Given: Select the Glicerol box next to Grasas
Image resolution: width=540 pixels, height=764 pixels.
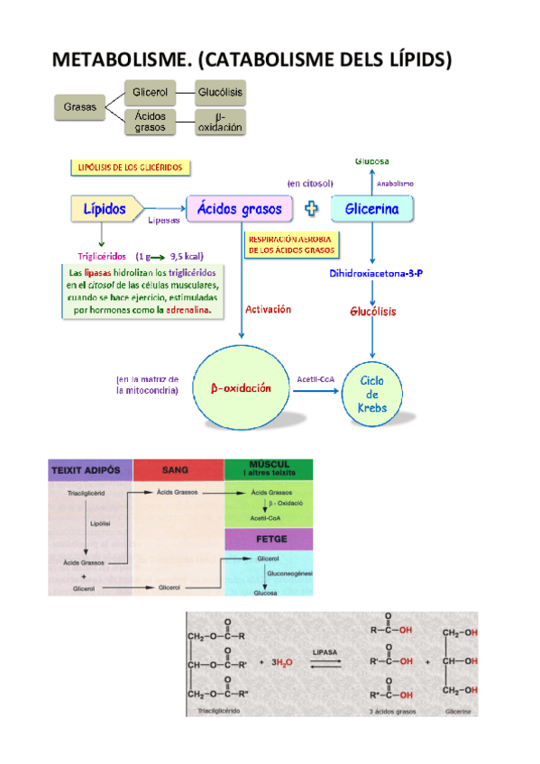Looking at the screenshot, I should click(x=149, y=93).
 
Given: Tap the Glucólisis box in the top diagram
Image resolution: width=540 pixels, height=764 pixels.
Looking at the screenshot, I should click(x=221, y=93).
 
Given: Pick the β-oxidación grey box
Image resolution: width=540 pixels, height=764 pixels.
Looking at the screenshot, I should click(x=221, y=122).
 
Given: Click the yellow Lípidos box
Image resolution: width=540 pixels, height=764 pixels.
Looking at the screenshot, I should click(x=105, y=209).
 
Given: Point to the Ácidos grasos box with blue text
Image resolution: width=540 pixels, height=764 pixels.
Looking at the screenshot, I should click(x=241, y=209).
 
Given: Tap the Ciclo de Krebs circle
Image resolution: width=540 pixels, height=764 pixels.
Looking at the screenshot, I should click(x=373, y=394).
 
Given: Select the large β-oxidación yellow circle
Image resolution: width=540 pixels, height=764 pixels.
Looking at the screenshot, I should click(x=241, y=388).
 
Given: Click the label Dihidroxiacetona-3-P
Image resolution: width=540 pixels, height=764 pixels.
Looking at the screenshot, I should click(x=376, y=273).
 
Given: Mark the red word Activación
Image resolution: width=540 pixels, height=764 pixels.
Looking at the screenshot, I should click(x=268, y=308).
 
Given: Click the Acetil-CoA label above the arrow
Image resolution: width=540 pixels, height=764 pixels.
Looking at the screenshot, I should click(x=316, y=379).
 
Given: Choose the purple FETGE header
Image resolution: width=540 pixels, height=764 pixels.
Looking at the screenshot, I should click(x=268, y=539).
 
